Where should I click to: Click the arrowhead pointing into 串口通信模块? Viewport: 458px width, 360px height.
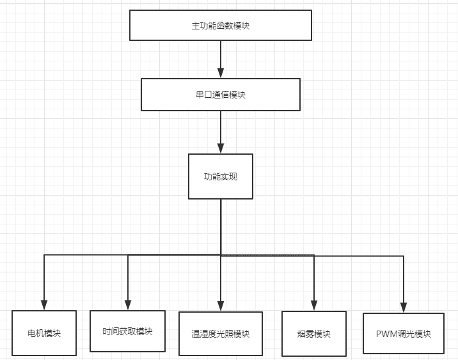221,73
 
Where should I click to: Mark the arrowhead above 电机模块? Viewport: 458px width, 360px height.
44,305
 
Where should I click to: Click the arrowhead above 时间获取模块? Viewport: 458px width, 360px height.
128,305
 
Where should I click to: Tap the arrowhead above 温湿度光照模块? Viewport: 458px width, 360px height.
221,306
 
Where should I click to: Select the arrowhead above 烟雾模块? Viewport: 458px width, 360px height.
314,306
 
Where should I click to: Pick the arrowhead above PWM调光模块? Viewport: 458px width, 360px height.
404,308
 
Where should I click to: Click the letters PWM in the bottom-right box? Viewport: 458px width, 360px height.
387,334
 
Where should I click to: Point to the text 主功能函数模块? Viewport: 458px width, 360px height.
221,26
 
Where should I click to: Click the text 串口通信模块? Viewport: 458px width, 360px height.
221,95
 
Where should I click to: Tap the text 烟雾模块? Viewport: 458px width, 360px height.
314,334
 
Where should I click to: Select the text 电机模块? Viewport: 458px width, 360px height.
44,334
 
